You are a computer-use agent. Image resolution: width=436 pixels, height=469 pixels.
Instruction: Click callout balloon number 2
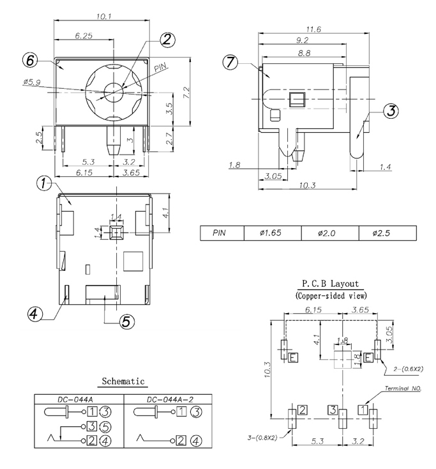pyautogui.click(x=167, y=40)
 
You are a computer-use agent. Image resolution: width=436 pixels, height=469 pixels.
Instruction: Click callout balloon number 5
pyautogui.click(x=127, y=321)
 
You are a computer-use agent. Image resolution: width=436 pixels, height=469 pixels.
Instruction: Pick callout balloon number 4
pyautogui.click(x=36, y=314)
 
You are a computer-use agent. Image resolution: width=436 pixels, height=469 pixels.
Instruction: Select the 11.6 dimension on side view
pyautogui.click(x=313, y=29)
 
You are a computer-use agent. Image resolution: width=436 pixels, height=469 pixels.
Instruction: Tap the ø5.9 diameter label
pyautogui.click(x=31, y=82)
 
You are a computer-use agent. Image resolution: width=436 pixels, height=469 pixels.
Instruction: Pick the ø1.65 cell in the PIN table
pyautogui.click(x=272, y=233)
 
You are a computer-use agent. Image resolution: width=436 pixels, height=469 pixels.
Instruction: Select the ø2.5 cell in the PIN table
pyautogui.click(x=387, y=233)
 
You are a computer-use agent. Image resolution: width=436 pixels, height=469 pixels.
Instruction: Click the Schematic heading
pyautogui.click(x=124, y=381)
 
